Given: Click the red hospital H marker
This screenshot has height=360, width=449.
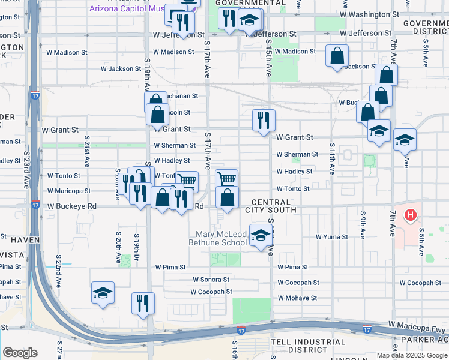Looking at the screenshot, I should point(411,215).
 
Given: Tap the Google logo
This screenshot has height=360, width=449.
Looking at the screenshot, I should point(20,353).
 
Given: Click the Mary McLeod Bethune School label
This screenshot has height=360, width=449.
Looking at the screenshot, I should point(217,238).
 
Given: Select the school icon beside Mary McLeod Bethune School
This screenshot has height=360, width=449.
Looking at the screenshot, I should point(260,236).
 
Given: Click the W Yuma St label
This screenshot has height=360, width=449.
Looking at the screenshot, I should point(332,237).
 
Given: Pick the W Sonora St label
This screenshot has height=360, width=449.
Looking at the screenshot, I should point(211,280).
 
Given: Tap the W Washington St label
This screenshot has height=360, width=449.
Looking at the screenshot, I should point(369,14).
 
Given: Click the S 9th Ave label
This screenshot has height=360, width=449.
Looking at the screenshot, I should point(363,222).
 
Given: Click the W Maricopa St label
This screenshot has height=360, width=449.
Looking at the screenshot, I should point(69,191).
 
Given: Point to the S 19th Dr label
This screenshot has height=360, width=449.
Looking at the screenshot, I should point(137,248).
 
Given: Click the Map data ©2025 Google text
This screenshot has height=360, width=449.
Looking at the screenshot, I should point(412,355).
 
